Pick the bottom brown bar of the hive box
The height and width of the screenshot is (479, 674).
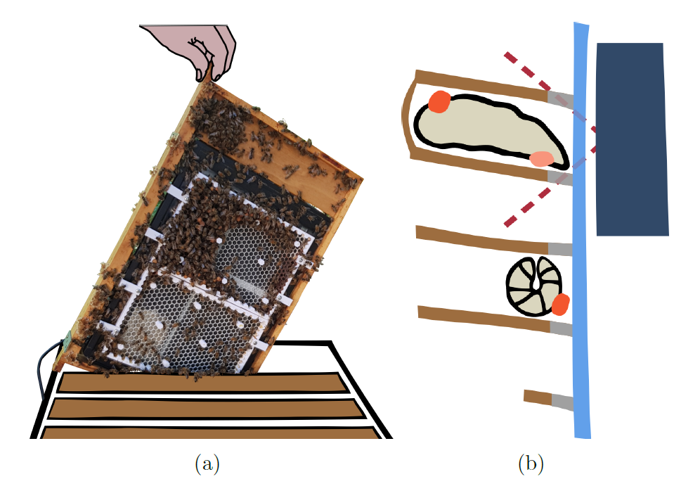click(211, 431)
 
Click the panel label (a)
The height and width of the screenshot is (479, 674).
click(206, 464)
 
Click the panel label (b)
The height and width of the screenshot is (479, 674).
click(531, 464)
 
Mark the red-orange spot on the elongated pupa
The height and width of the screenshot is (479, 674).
click(439, 101)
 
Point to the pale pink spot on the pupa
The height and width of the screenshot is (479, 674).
click(541, 158)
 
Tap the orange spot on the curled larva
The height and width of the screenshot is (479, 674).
click(560, 305)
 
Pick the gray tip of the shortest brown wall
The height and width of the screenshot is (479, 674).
click(562, 402)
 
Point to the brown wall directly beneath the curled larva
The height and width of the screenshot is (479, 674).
click(485, 318)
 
